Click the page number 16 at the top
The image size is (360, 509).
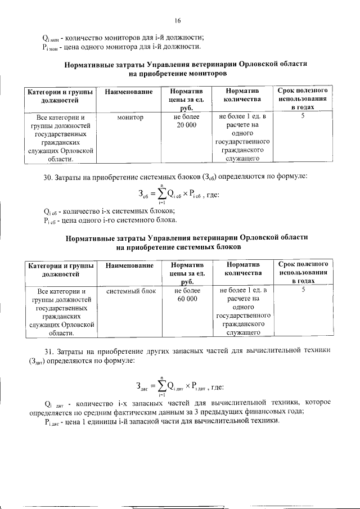[177, 21]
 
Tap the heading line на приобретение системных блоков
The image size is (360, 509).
[179, 247]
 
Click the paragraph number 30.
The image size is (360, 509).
[48, 178]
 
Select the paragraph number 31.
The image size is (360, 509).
[48, 351]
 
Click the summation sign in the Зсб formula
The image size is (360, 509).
[161, 195]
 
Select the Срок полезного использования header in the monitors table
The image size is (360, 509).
[303, 98]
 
